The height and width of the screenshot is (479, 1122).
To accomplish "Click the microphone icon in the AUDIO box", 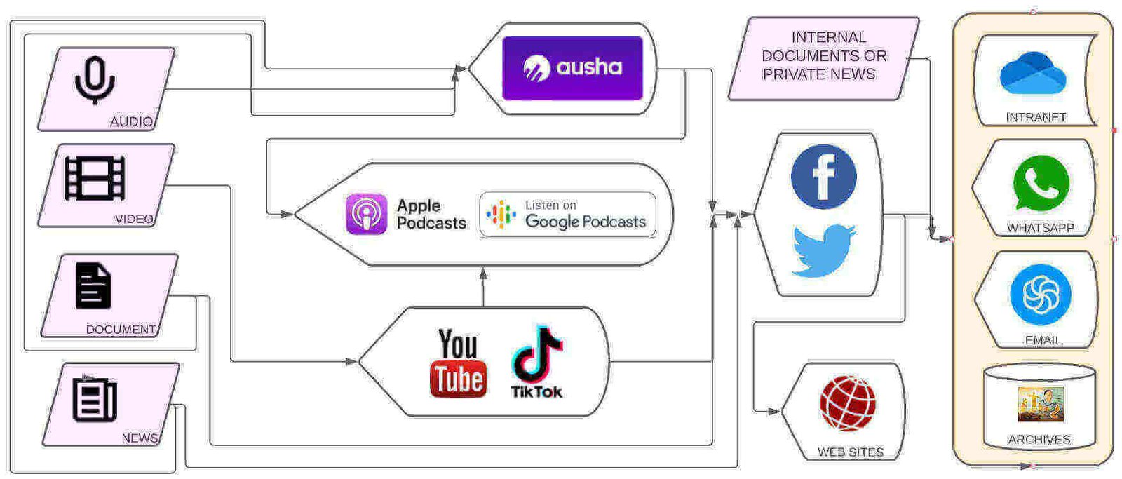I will [x=95, y=80].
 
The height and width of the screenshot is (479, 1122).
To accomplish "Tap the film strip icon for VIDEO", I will [x=95, y=178].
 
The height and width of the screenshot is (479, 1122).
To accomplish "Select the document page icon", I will [x=93, y=285].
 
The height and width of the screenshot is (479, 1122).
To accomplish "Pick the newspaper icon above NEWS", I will [x=95, y=399].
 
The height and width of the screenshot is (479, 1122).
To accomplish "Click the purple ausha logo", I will [x=572, y=68].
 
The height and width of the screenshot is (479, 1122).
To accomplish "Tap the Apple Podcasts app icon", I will [x=366, y=214].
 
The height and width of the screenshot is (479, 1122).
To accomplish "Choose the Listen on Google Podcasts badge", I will [x=567, y=215].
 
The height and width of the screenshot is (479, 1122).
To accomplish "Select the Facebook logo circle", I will [x=823, y=177].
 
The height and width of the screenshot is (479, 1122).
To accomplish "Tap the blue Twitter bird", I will [x=823, y=250].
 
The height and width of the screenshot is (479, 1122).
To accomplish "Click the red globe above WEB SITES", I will [x=848, y=403].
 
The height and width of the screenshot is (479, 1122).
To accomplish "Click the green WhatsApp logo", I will [x=1041, y=184].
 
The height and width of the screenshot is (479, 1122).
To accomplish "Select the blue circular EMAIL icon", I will [x=1041, y=295].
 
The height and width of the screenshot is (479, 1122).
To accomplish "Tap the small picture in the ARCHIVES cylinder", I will [x=1041, y=405].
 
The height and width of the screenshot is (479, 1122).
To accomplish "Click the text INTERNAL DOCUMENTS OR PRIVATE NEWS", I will [x=823, y=55].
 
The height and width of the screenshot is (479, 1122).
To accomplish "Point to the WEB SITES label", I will [x=850, y=452].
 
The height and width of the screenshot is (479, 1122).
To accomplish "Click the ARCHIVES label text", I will [x=1039, y=440].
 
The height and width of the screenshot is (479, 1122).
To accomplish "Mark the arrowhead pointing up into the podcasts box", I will [x=483, y=273].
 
